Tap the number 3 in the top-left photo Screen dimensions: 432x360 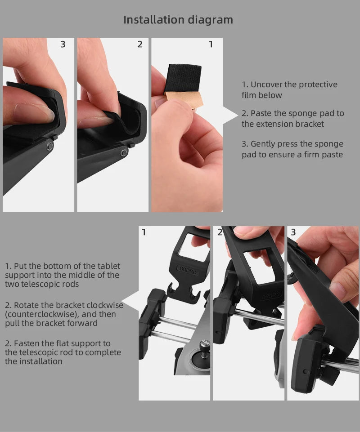coord(63,44)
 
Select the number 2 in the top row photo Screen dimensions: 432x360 coord(140,44)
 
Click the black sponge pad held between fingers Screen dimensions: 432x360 coord(184,79)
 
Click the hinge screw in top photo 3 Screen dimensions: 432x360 coord(49,146)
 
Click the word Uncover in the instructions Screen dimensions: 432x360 coord(267,85)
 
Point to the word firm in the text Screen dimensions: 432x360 coord(311,155)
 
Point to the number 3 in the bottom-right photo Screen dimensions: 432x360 coord(293,232)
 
